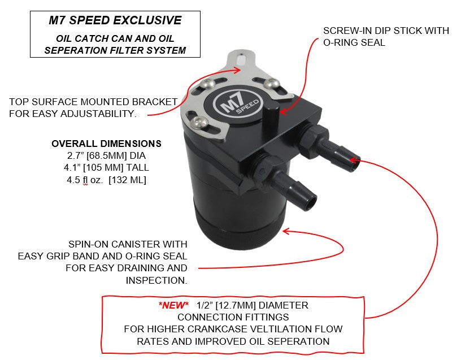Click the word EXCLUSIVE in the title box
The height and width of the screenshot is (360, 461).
tap(147, 20)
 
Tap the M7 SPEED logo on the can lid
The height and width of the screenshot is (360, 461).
tap(237, 103)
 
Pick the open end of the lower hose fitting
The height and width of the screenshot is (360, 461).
tap(311, 203)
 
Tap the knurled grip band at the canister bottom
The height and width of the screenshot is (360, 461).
tap(241, 232)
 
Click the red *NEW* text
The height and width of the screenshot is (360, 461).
tap(173, 305)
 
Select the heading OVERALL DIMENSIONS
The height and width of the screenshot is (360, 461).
tap(106, 144)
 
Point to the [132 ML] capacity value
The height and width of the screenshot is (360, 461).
tap(127, 180)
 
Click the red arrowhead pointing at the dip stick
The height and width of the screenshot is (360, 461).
tap(283, 112)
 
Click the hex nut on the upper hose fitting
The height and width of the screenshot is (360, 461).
tap(313, 138)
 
